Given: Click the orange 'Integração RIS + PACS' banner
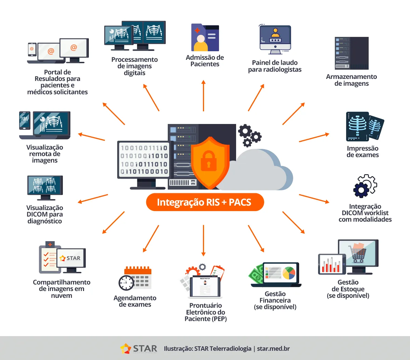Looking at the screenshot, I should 205,202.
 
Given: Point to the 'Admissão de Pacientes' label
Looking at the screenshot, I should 205,61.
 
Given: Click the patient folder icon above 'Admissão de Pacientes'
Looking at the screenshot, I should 205,38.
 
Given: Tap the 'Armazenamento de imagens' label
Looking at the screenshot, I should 351,80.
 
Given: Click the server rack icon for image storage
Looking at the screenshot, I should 351,53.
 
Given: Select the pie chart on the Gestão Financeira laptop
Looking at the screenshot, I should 289,273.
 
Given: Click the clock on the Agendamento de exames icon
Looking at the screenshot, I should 126,283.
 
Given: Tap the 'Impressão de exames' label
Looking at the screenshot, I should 363,152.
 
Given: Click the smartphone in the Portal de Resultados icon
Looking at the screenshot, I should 32,50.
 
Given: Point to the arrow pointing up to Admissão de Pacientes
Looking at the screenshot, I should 203,96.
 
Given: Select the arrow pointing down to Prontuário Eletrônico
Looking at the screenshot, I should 203,240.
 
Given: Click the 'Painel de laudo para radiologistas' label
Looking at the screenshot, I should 275,66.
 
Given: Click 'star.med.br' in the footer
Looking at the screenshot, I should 273,349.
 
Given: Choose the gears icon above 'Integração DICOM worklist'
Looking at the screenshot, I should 364,186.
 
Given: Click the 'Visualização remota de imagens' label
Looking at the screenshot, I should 45,154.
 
